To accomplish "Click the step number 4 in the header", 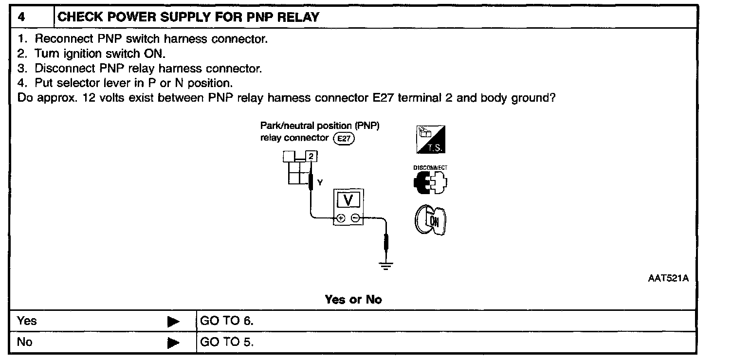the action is pos(21,17).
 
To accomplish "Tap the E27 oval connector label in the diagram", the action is pos(344,139).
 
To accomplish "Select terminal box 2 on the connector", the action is pos(311,156).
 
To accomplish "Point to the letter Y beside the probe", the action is pos(320,182).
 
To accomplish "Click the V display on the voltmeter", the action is pos(348,200).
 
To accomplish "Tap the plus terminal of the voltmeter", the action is pos(341,218).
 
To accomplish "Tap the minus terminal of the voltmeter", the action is pos(356,218).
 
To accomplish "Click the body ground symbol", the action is pos(386,265).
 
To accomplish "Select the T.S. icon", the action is pos(431,140).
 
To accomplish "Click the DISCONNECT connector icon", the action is pos(430,182).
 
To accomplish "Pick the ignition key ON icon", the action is pos(430,220).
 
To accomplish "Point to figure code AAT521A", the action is pos(668,278).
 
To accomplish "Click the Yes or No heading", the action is pos(353,299).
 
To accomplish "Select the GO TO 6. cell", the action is pos(227,321).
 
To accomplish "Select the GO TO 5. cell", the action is pos(227,342).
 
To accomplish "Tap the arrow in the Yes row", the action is pos(173,322).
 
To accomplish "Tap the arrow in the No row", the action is pos(173,342).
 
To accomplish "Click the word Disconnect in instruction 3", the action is pos(65,68).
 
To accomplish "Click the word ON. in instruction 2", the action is pos(155,53).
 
